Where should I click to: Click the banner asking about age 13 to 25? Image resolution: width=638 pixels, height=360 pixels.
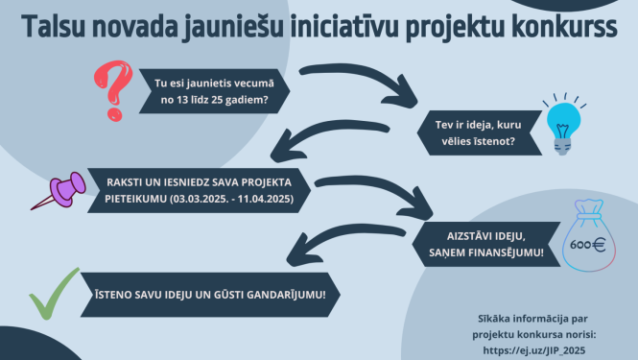(211, 89)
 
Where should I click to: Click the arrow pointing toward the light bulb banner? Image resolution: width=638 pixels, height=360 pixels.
(360, 84)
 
